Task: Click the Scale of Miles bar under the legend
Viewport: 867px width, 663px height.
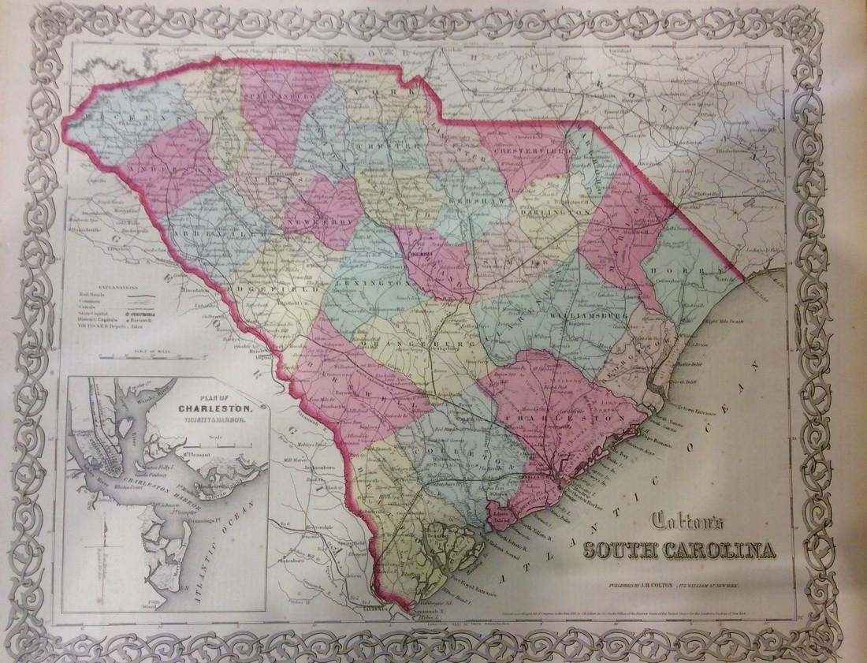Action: point(126,356)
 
